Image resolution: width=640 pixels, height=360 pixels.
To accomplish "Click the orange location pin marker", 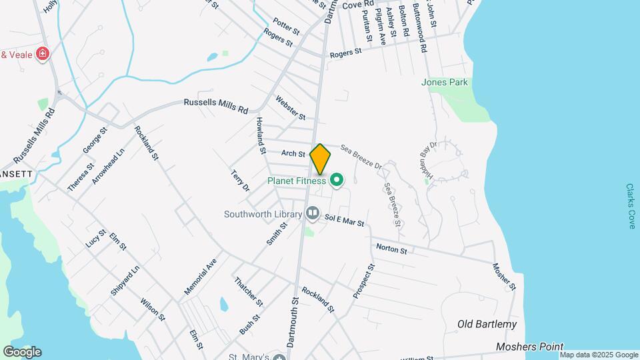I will click(320, 159).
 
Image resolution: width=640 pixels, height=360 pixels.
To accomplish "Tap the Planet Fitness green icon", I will click(337, 180).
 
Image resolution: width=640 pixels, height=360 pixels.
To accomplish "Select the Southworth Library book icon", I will click(313, 214).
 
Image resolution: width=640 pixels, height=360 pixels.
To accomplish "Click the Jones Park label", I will click(445, 83).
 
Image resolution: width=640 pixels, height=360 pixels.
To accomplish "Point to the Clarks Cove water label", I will click(631, 206).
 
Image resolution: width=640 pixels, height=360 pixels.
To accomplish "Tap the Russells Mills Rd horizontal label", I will click(215, 104).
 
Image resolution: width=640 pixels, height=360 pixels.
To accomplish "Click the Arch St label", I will click(293, 153).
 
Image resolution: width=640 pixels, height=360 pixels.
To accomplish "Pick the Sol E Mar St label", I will click(344, 220).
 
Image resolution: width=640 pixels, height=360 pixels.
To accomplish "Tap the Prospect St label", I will click(365, 280).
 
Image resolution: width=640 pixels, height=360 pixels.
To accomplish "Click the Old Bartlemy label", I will click(487, 325).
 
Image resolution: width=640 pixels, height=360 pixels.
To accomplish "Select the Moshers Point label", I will click(529, 347).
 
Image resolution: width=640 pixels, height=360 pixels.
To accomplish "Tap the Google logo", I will click(22, 352).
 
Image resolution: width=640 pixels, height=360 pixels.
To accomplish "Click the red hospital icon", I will click(43, 53).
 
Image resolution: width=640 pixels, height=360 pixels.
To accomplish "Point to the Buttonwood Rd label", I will click(419, 28).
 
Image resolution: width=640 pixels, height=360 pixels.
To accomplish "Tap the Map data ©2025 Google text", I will click(599, 355).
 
